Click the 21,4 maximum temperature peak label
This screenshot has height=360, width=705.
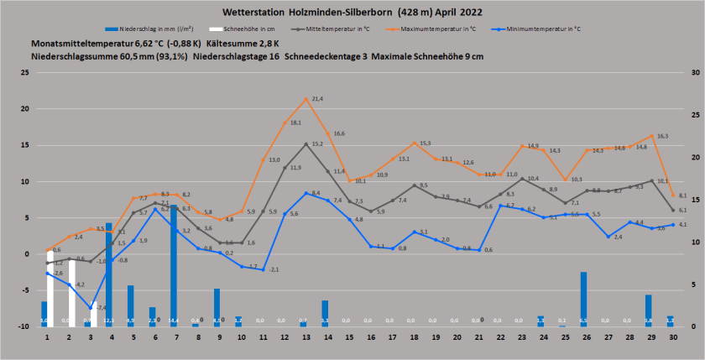point(317,99)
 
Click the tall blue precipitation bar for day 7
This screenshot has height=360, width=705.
point(174,266)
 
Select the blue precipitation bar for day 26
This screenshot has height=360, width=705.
point(583,298)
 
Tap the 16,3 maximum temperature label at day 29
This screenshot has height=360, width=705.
point(662,136)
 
